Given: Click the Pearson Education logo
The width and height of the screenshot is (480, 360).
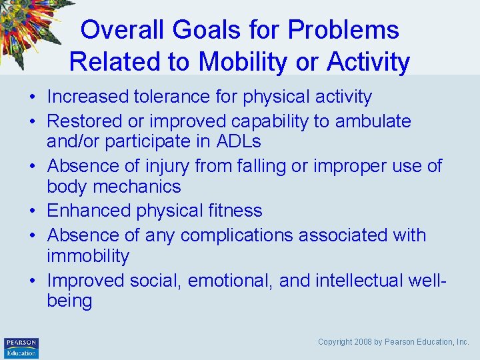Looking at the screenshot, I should [x=21, y=347].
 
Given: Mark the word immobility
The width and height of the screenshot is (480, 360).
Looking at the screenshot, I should [x=88, y=256].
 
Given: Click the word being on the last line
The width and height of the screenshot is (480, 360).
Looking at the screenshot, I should [x=69, y=301].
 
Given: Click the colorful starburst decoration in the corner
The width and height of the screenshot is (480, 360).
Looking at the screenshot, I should [x=30, y=27].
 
